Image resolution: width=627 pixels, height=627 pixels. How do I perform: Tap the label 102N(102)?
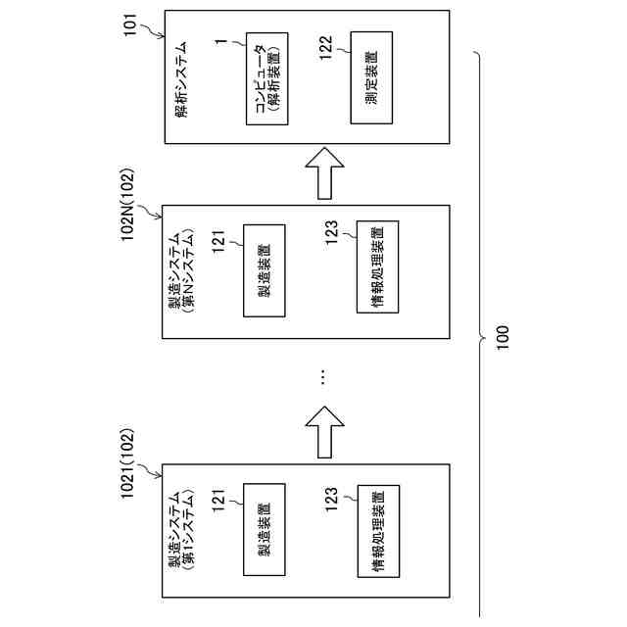pyautogui.click(x=130, y=205)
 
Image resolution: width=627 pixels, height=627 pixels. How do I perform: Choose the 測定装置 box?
pyautogui.click(x=371, y=78)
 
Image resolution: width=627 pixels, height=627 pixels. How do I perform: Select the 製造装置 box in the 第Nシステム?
pyautogui.click(x=265, y=270)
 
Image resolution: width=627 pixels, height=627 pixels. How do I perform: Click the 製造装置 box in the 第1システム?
pyautogui.click(x=265, y=531)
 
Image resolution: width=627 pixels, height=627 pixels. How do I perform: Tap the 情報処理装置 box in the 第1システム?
pyautogui.click(x=378, y=530)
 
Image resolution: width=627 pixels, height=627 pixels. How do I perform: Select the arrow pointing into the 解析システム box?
pyautogui.click(x=324, y=174)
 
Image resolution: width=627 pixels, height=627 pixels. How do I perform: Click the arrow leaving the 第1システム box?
pyautogui.click(x=324, y=432)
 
